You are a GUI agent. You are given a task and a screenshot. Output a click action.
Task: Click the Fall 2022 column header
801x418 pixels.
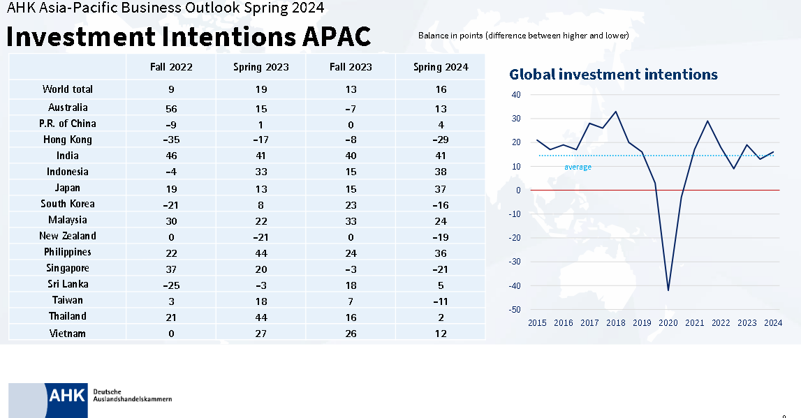[171, 67]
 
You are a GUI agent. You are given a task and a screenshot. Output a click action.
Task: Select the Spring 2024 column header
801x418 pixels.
[440, 67]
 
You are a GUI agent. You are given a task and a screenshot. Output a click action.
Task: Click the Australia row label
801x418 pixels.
[68, 107]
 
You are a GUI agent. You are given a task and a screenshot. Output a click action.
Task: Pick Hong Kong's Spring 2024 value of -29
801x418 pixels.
[440, 140]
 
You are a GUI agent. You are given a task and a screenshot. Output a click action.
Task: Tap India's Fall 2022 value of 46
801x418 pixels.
[171, 156]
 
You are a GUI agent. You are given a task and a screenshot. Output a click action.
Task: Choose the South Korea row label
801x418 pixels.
[68, 204]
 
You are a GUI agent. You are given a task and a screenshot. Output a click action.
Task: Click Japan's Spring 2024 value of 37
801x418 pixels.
[440, 188]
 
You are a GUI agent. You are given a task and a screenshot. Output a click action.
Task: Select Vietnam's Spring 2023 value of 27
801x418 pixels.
[260, 334]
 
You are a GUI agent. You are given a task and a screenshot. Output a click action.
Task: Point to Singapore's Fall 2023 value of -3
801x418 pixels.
[351, 268]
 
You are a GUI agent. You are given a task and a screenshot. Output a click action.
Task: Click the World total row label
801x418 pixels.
[68, 89]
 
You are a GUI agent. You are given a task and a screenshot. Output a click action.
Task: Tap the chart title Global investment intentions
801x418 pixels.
[613, 74]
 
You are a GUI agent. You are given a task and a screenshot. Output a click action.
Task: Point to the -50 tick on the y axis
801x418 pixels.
[516, 309]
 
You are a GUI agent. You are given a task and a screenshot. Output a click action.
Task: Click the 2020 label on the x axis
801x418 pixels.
[668, 323]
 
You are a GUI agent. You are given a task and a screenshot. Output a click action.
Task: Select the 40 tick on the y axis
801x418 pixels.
[516, 95]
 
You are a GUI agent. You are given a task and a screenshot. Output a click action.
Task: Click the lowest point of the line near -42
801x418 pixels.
[668, 290]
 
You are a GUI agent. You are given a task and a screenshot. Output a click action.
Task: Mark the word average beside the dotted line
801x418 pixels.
[578, 167]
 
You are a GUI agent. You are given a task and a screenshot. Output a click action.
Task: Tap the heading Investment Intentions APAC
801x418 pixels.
[189, 37]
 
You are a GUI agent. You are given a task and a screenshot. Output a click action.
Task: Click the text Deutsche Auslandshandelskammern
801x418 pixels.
[132, 396]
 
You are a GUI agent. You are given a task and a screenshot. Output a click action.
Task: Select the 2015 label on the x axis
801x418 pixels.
[537, 323]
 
